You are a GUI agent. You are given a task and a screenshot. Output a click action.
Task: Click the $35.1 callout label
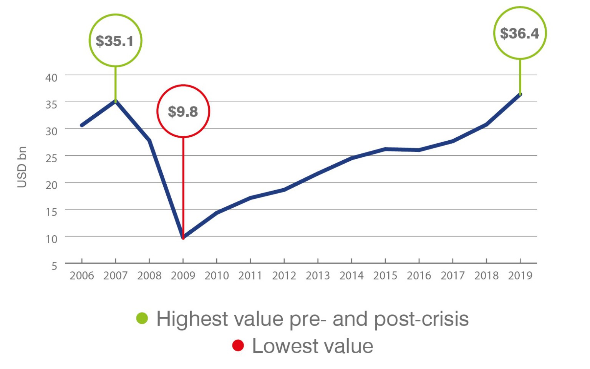[114, 41]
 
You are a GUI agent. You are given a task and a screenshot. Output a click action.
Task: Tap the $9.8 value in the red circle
[183, 111]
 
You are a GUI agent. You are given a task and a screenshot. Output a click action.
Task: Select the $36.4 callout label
[519, 33]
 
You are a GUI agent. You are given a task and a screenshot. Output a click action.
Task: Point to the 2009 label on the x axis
[183, 276]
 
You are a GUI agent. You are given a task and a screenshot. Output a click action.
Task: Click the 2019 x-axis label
[520, 276]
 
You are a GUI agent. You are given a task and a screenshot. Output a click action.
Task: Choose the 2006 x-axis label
[82, 276]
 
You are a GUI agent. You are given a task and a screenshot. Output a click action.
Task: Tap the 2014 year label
[351, 276]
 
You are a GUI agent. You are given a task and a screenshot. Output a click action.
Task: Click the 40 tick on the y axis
[51, 78]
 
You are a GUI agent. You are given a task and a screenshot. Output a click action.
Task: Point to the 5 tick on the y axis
[54, 266]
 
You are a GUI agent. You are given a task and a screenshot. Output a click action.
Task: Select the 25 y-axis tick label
[51, 158]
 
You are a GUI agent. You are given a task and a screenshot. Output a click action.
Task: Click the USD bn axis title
[22, 167]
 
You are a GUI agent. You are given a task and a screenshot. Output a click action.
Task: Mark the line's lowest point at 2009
[183, 238]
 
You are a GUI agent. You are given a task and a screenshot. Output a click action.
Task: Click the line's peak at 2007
[116, 101]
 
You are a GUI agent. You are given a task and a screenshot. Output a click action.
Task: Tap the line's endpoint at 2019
[520, 94]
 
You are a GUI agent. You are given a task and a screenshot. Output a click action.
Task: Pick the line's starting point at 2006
[82, 125]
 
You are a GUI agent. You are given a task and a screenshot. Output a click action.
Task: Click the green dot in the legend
[142, 318]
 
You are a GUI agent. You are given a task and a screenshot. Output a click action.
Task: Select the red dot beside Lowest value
[238, 345]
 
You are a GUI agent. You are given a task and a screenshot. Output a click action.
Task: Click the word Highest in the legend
[192, 319]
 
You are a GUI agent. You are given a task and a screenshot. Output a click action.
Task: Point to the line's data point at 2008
[149, 141]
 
